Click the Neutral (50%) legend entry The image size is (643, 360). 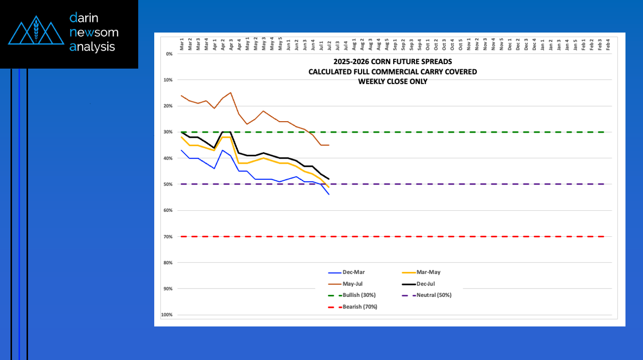434,295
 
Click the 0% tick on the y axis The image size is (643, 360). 169,54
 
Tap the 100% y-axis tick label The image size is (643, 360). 167,315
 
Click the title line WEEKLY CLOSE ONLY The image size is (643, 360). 393,82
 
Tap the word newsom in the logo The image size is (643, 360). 94,33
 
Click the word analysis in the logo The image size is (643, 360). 93,47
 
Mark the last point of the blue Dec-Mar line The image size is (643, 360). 329,194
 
